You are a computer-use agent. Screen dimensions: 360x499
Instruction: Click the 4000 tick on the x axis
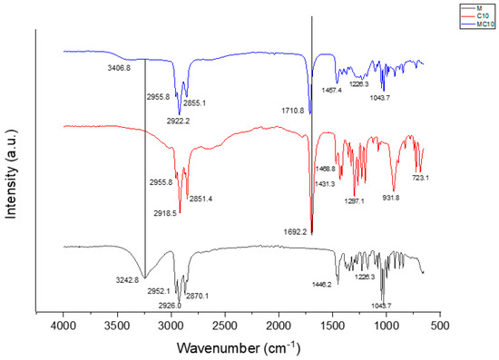pos(63,324)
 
